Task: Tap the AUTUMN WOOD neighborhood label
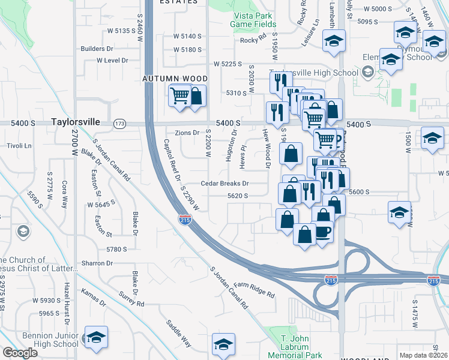[175, 79]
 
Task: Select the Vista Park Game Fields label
[254, 20]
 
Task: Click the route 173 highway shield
[120, 122]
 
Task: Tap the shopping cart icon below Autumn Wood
[179, 95]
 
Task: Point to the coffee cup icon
[323, 231]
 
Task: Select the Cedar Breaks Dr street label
[224, 184]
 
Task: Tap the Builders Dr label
[97, 48]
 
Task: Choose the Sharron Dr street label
[97, 263]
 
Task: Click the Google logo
[20, 353]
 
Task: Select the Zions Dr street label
[187, 133]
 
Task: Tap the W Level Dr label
[112, 61]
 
